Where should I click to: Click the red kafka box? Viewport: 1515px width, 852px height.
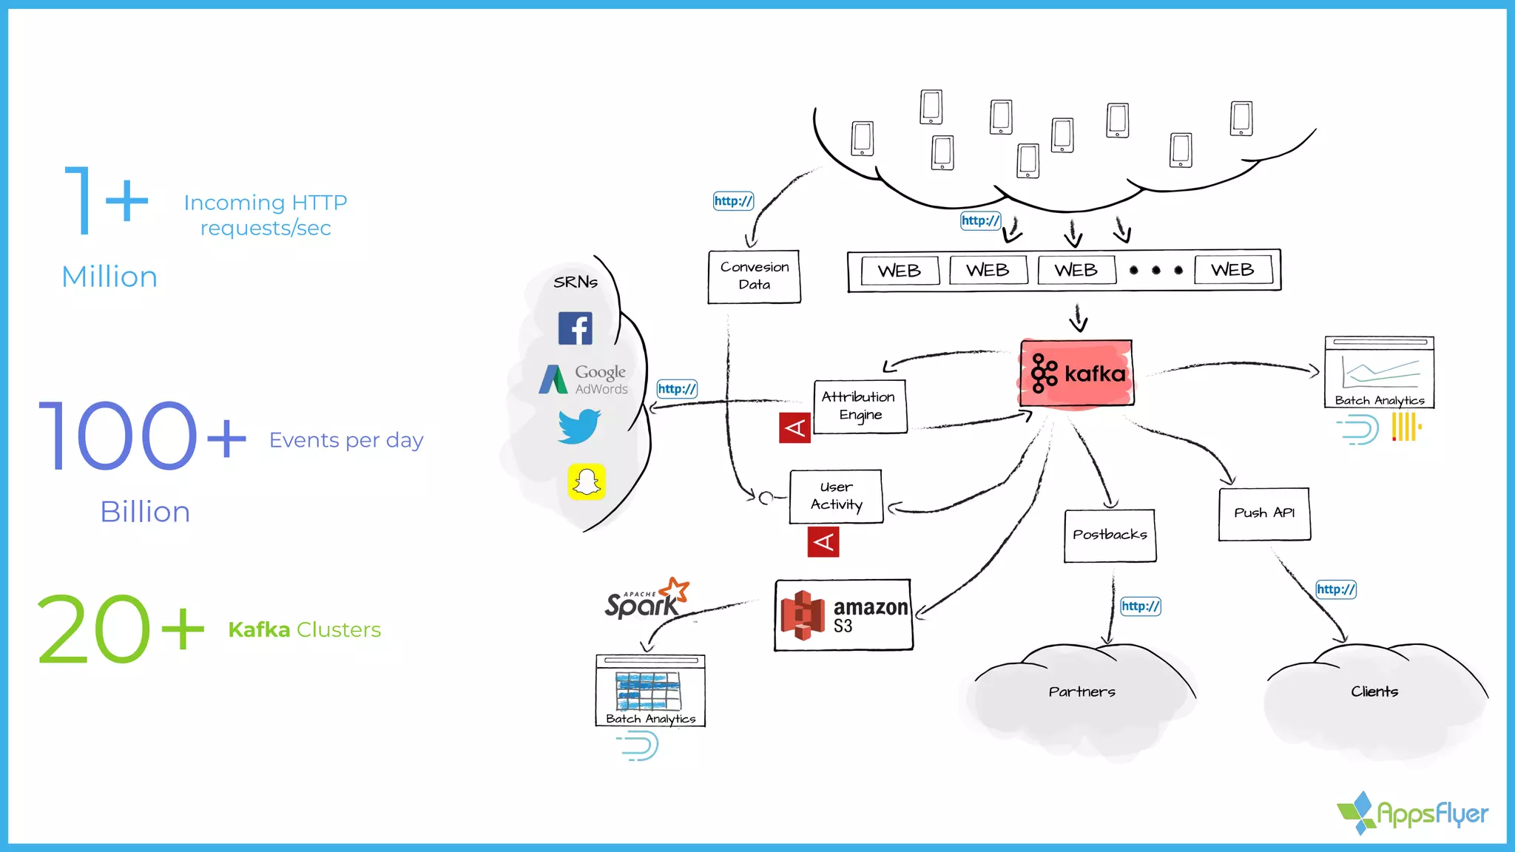(1076, 373)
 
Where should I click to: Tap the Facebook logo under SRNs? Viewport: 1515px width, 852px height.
(575, 328)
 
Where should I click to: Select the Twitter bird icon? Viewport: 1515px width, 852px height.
(578, 426)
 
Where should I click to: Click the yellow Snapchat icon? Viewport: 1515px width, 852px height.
(587, 481)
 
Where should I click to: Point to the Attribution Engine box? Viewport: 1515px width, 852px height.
(859, 406)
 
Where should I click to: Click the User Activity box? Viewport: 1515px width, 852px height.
(836, 496)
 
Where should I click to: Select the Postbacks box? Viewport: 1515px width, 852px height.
(1110, 535)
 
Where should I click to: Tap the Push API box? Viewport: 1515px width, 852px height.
(1264, 513)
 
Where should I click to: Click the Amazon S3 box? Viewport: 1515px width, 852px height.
(843, 615)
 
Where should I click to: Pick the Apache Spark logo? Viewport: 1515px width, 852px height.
(646, 600)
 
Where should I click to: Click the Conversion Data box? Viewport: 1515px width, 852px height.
(754, 276)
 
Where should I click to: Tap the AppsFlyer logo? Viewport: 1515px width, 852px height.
(1413, 813)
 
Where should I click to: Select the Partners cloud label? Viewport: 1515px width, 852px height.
(1082, 692)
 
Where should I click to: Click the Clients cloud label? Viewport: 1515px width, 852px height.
(1374, 692)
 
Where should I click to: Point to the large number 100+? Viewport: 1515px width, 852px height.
(141, 436)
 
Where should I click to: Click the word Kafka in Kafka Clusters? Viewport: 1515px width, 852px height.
(259, 629)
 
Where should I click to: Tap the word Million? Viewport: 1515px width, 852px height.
(109, 277)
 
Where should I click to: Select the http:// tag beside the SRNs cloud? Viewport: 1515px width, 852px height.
(677, 389)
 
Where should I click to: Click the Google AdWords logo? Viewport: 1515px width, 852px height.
(584, 379)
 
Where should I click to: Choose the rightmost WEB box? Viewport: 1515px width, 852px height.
(1232, 270)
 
